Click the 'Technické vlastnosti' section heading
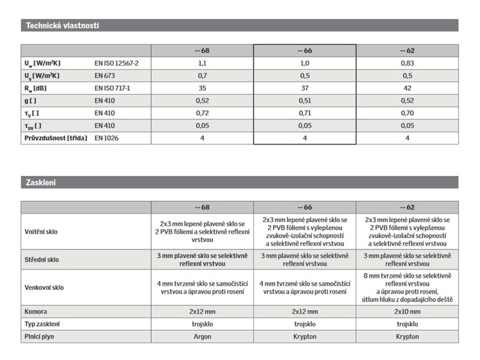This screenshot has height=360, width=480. click(61, 25)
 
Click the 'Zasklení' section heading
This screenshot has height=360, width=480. click(40, 182)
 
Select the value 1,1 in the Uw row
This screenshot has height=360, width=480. click(202, 63)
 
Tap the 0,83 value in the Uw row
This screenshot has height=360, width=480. click(407, 63)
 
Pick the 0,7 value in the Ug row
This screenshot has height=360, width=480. click(202, 76)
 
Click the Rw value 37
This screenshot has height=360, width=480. click(304, 88)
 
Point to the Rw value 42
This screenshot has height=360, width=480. click(407, 88)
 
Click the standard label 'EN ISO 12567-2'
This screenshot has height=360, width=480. click(121, 63)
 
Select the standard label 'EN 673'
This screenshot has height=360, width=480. click(106, 76)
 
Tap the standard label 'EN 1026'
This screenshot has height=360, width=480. click(107, 138)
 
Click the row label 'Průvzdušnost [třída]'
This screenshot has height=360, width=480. click(55, 138)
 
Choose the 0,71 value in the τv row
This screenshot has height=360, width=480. click(304, 113)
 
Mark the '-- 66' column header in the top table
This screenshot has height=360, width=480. click(304, 50)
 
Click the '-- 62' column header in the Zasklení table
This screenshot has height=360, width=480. click(407, 207)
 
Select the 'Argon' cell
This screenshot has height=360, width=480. click(202, 337)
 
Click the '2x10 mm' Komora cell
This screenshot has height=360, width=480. click(407, 311)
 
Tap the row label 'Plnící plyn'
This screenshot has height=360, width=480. click(40, 337)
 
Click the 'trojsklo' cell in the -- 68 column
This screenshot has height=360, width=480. click(202, 324)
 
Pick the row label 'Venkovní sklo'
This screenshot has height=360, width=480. click(44, 287)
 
